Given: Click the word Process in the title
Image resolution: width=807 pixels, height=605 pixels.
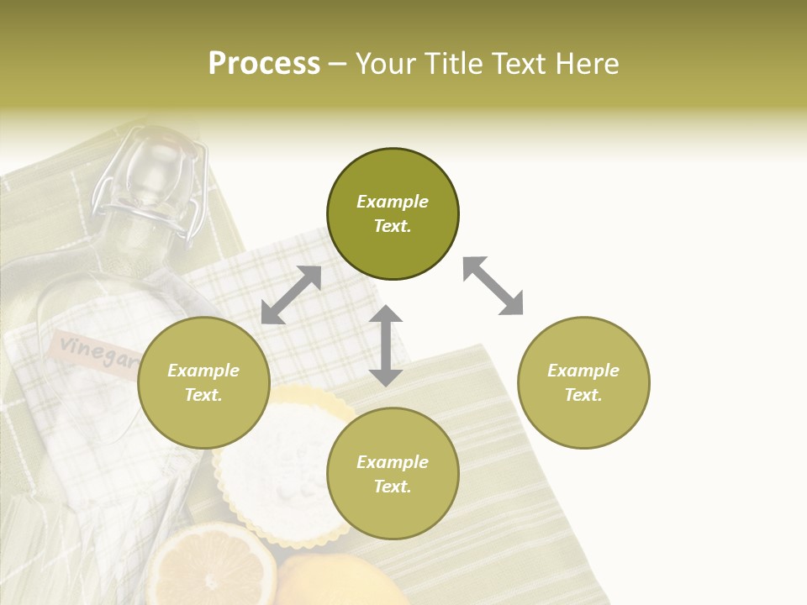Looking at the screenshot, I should point(264,64).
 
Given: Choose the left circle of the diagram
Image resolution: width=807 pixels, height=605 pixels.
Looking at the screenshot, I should point(203,382).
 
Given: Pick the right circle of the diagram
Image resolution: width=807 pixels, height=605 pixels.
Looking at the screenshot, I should point(583,382).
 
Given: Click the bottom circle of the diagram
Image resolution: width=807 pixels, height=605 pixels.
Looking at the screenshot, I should point(393,473).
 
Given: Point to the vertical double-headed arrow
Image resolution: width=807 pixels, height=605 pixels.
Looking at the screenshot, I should point(386,345).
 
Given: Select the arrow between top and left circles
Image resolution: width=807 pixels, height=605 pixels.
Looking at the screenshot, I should point(291,295).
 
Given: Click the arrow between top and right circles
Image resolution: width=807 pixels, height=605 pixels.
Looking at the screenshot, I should point(493,286).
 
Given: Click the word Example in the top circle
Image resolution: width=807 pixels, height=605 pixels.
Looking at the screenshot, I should point(393,202).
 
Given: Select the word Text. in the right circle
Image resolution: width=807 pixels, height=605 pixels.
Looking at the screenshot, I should point(583,395).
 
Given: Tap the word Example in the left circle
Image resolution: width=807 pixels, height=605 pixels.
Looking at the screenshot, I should point(203,371).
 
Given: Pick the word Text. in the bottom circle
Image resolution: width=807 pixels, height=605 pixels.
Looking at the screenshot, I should point(393,487).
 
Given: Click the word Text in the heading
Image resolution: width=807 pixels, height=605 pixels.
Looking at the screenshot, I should point(514,64).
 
